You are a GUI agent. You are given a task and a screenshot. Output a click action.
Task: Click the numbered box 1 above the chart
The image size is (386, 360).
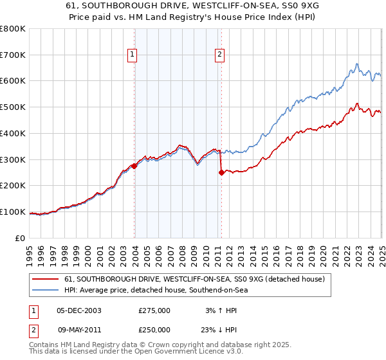(133, 55)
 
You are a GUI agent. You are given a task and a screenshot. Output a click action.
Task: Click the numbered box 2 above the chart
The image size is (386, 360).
(219, 55)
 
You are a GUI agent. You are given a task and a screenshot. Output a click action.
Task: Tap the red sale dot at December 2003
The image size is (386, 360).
(134, 166)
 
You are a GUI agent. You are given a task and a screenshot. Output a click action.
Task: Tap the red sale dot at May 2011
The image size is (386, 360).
(221, 172)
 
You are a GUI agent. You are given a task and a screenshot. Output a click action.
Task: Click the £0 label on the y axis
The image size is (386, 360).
(21, 238)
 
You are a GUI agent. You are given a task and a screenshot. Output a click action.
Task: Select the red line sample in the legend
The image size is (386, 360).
(46, 279)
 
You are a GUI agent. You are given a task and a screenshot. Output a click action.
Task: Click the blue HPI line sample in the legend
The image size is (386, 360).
(46, 290)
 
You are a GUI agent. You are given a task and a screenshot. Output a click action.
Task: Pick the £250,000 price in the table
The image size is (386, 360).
(154, 329)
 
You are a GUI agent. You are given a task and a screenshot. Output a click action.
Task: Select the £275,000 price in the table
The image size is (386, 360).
(154, 310)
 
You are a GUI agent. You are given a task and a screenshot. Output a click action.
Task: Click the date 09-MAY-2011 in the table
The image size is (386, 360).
(78, 329)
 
